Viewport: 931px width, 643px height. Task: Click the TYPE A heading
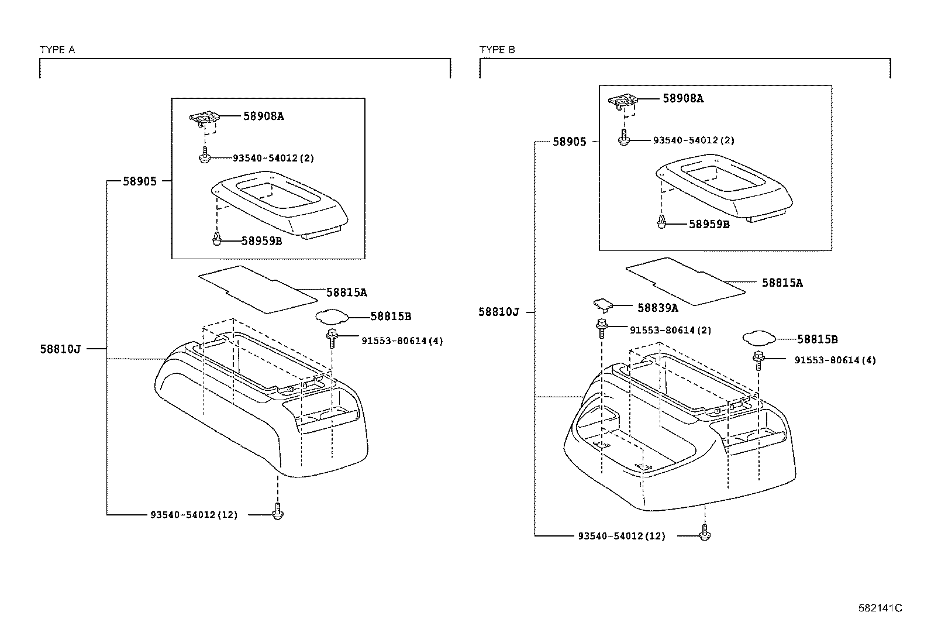point(57,50)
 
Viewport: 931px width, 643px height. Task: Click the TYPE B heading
point(497,50)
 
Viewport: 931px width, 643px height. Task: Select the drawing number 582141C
point(880,608)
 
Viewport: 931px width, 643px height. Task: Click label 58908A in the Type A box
point(263,116)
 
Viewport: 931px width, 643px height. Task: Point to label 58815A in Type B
point(782,283)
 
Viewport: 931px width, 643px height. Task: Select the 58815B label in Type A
point(390,316)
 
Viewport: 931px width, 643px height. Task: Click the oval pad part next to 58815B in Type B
point(758,337)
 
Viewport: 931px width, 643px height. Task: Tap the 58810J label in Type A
point(60,349)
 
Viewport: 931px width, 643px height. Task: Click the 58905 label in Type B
point(569,142)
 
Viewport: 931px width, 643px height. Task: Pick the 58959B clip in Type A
point(216,239)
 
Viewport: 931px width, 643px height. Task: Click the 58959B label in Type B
point(709,223)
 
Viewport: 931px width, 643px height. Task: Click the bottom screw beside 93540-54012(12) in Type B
point(705,533)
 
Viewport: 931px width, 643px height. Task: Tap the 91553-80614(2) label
point(670,330)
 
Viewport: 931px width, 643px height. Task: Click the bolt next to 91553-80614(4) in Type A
point(332,338)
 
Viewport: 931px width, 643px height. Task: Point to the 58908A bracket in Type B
point(622,102)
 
